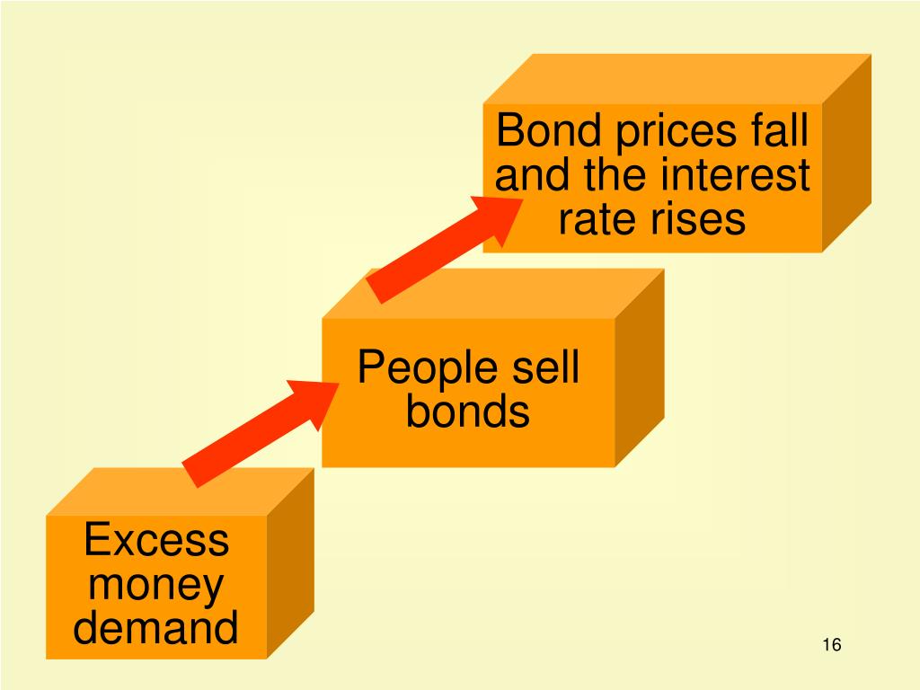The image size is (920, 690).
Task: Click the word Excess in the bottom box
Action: [x=156, y=542]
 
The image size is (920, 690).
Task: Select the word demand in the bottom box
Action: [x=156, y=627]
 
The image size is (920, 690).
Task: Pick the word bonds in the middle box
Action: [x=467, y=412]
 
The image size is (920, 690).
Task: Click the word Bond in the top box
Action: [x=548, y=131]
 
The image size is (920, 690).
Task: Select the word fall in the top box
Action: [x=780, y=131]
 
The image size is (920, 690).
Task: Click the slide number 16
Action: [x=831, y=645]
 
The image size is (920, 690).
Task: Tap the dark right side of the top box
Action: [x=846, y=153]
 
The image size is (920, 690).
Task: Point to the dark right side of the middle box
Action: [x=639, y=368]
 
